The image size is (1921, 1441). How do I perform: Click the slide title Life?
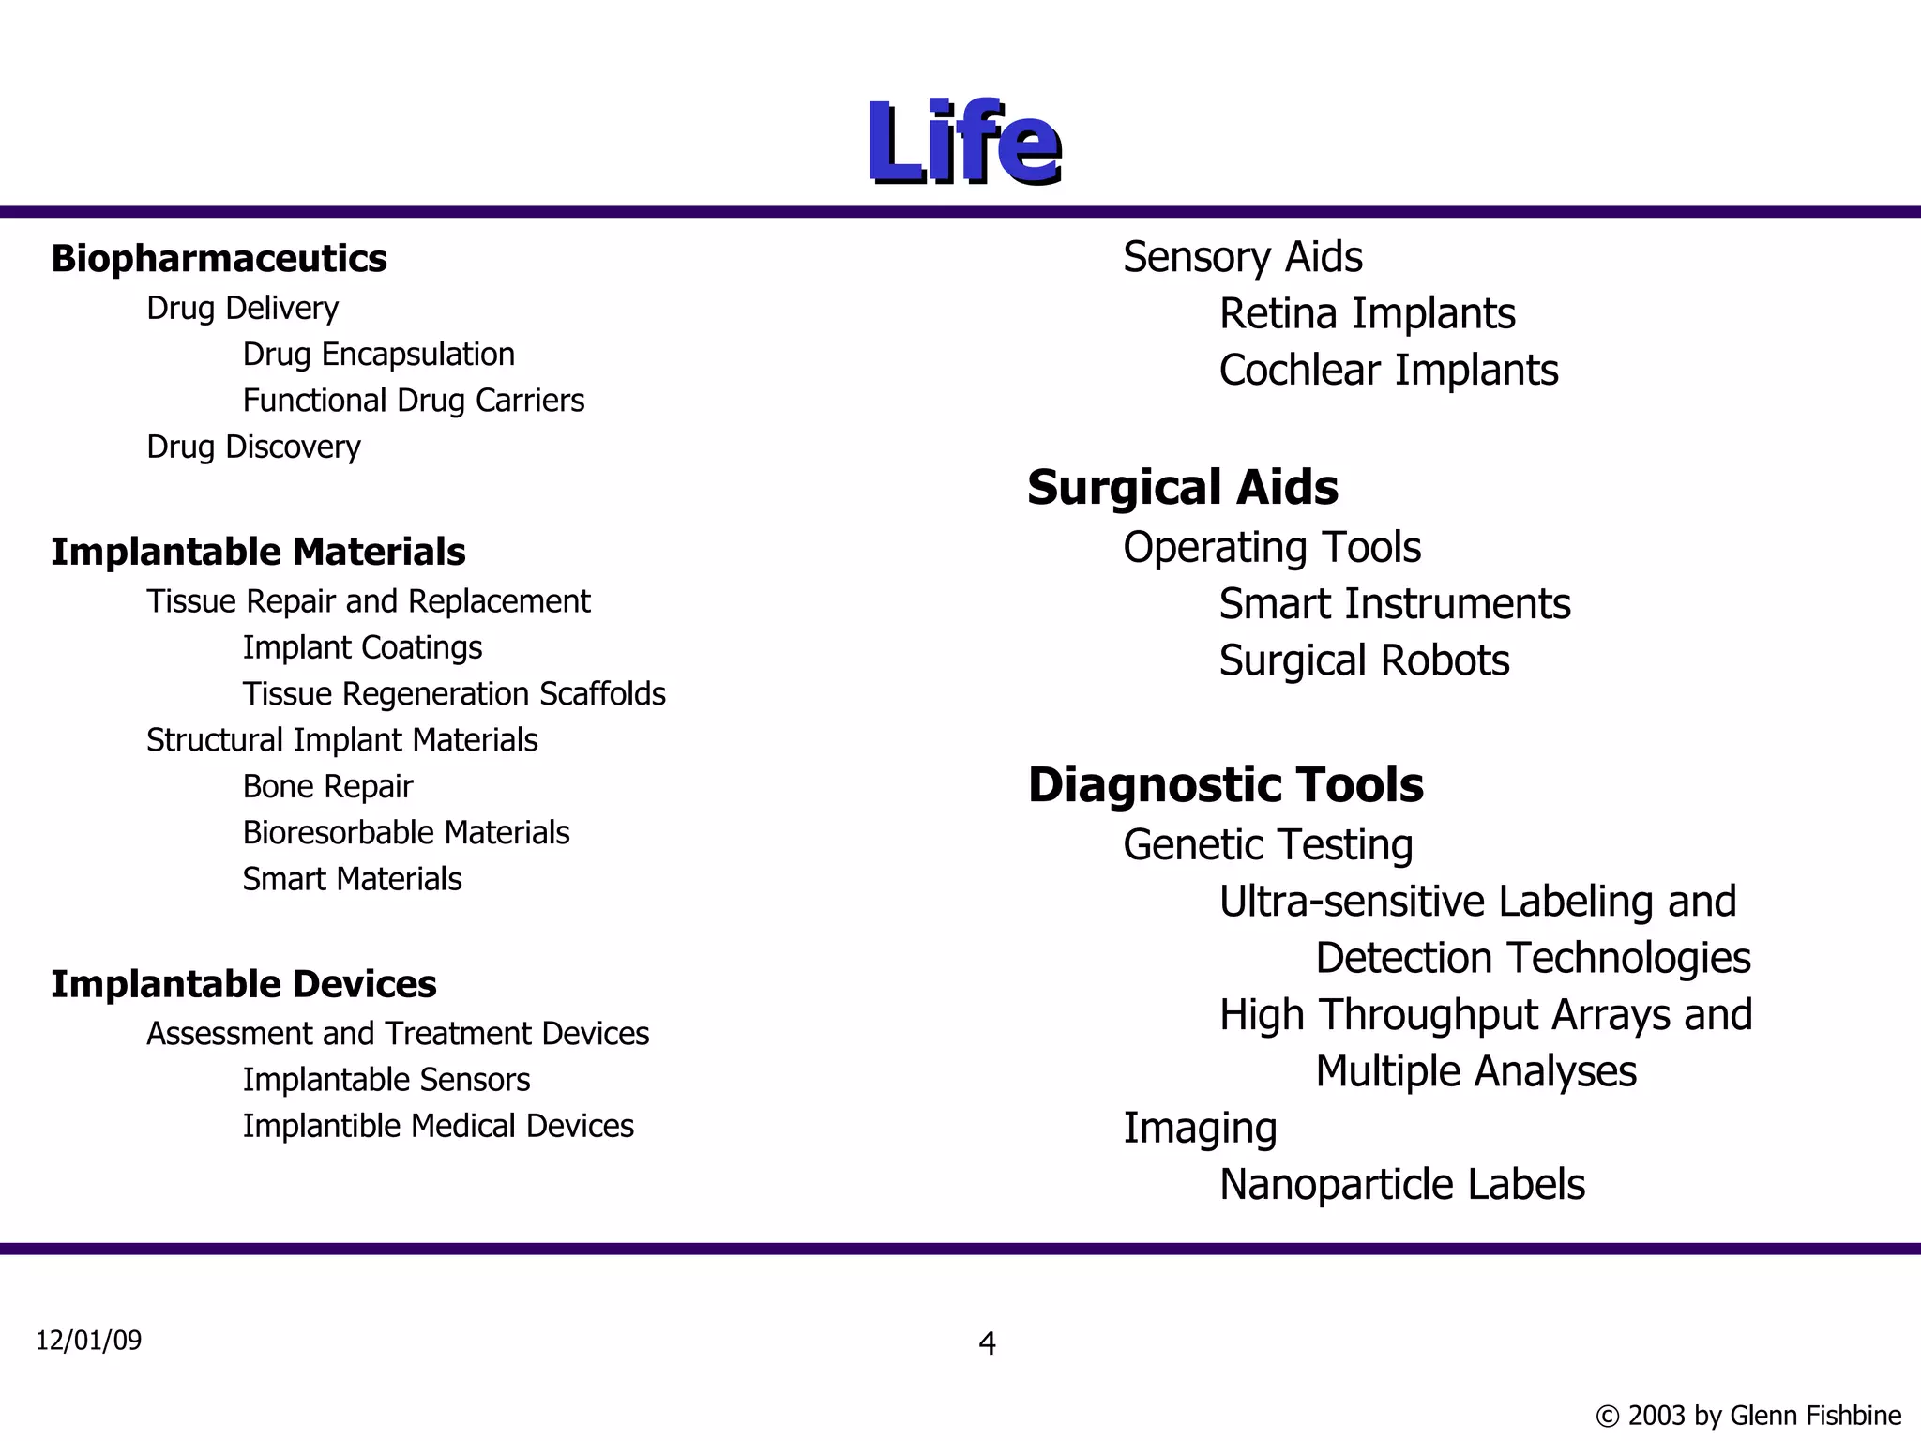963,143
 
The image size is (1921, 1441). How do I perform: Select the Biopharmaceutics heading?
219,259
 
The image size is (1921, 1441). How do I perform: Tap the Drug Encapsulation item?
378,355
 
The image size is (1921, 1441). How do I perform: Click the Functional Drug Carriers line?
413,401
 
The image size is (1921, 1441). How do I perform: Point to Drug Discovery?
253,447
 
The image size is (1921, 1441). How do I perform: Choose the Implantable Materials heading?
258,552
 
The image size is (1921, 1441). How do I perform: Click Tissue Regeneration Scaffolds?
454,694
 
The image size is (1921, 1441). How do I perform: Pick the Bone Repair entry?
327,786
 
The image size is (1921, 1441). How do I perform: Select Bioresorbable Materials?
405,833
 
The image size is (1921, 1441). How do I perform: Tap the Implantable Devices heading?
244,984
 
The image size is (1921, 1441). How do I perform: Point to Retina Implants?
1367,313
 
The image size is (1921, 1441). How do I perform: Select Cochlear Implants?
1388,371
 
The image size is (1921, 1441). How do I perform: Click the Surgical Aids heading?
1183,488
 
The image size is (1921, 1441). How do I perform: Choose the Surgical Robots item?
1364,661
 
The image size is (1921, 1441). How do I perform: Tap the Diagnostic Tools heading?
1225,785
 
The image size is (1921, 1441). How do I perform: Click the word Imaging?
1200,1129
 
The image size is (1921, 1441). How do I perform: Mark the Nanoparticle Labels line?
1401,1185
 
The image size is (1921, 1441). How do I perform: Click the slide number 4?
987,1343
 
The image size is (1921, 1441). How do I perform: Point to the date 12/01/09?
89,1341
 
